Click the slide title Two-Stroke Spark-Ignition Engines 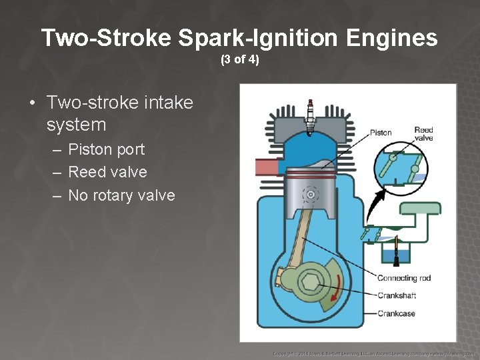pyautogui.click(x=239, y=37)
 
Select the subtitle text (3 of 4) pyautogui.click(x=239, y=61)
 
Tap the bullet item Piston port pyautogui.click(x=107, y=149)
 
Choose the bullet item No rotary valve pyautogui.click(x=121, y=195)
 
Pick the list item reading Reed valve pyautogui.click(x=107, y=172)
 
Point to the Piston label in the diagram pyautogui.click(x=381, y=133)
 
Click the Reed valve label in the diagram pyautogui.click(x=423, y=134)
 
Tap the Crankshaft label pyautogui.click(x=398, y=295)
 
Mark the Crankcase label pyautogui.click(x=397, y=313)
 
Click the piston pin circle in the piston pyautogui.click(x=309, y=194)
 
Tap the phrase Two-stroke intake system pyautogui.click(x=120, y=113)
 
